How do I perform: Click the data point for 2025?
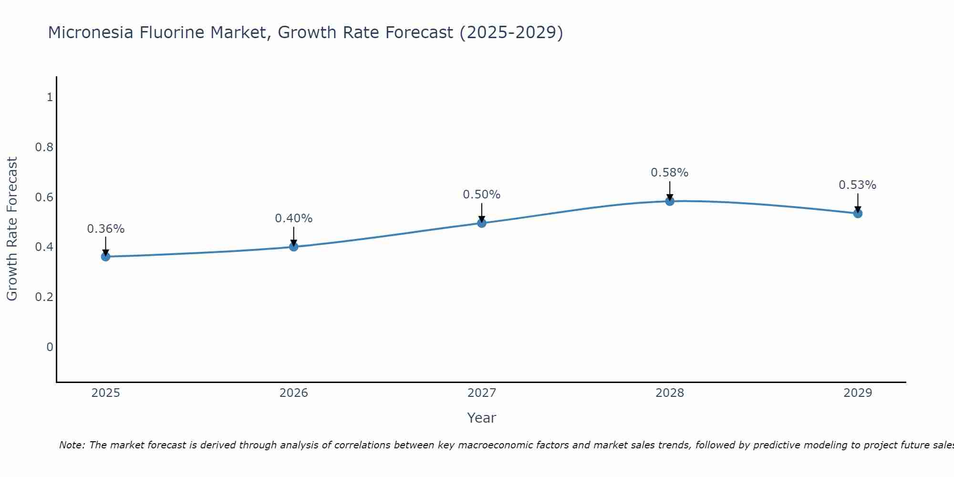point(105,257)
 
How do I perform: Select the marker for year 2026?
point(293,247)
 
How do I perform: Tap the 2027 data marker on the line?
point(481,223)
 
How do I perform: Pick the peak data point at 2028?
point(669,201)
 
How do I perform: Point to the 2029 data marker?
point(857,213)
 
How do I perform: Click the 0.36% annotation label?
point(105,229)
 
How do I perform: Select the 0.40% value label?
point(293,218)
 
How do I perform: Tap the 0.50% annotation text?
point(481,195)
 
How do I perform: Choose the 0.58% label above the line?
point(669,173)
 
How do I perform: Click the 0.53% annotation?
point(857,185)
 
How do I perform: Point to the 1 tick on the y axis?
point(50,97)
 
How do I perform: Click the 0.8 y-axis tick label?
point(44,147)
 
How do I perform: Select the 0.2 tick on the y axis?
point(44,297)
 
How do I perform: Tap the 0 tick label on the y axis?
point(50,347)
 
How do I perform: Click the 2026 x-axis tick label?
point(293,393)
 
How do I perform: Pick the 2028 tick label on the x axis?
point(669,393)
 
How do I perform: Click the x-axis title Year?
point(481,418)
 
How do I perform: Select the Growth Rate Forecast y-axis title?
point(12,229)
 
